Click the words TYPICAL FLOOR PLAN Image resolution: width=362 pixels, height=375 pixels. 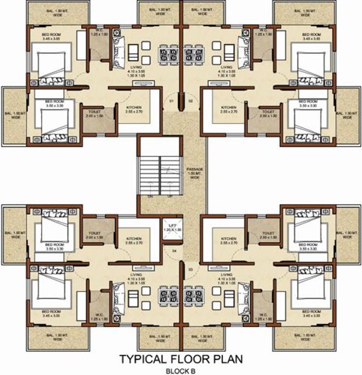tap(181, 358)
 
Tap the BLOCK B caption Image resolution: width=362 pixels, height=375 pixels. tap(181, 369)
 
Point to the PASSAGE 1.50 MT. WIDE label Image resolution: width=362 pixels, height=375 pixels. tap(195, 173)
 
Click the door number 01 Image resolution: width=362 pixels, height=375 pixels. tap(170, 100)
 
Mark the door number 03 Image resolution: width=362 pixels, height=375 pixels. tap(191, 268)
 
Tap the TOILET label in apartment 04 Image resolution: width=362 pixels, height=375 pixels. tap(94, 234)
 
